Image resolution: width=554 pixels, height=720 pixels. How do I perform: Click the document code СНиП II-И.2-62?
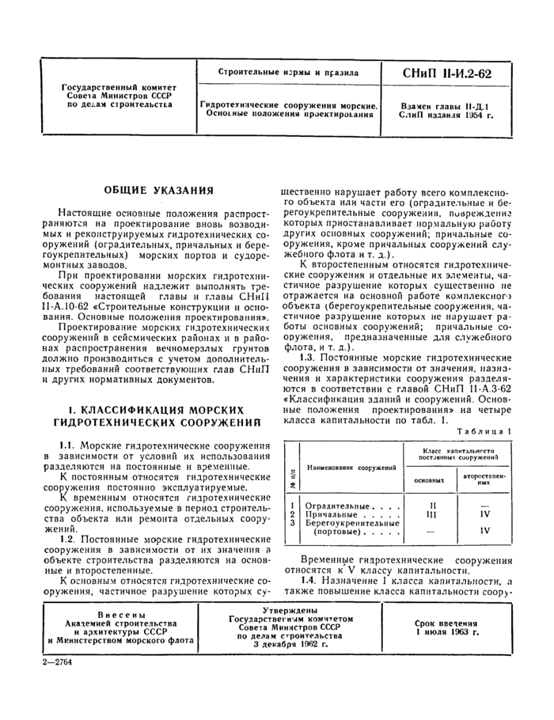point(447,74)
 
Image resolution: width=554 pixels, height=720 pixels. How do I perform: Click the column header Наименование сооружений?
point(352,468)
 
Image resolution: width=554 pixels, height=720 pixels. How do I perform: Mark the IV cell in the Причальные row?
point(485,513)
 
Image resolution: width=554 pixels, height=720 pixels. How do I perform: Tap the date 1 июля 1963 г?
point(447,633)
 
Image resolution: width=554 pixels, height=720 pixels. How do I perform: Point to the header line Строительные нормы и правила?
point(288,73)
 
